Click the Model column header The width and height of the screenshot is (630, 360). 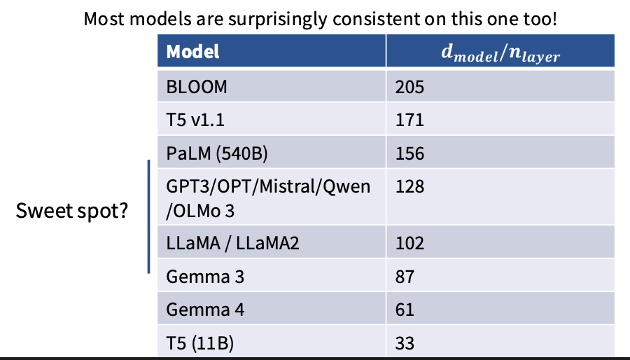coord(193,52)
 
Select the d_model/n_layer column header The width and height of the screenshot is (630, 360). coord(500,53)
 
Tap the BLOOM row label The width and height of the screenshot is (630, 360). coord(197,87)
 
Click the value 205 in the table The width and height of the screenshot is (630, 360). coord(409,87)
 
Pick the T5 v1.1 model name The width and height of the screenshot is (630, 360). coord(195,120)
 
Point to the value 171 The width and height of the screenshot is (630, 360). coord(409,120)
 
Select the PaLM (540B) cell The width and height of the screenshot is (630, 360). coord(217,153)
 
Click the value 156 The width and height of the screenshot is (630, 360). coord(409,153)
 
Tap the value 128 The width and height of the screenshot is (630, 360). coord(409,186)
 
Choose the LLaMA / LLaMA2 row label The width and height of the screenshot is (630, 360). coord(232,243)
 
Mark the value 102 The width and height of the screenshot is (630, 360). coord(409,243)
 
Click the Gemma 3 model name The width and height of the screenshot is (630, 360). coord(205,277)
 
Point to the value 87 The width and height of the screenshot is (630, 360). coord(405,277)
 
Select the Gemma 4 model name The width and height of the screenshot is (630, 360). coord(205,310)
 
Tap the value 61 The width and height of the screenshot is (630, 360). coord(405,310)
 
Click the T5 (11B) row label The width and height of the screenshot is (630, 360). coord(199,343)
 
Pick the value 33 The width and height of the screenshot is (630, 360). coord(405,342)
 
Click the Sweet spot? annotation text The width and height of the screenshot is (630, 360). coord(72,211)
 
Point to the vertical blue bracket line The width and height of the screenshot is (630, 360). coord(148,216)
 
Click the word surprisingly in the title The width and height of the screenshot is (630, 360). coord(277,20)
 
